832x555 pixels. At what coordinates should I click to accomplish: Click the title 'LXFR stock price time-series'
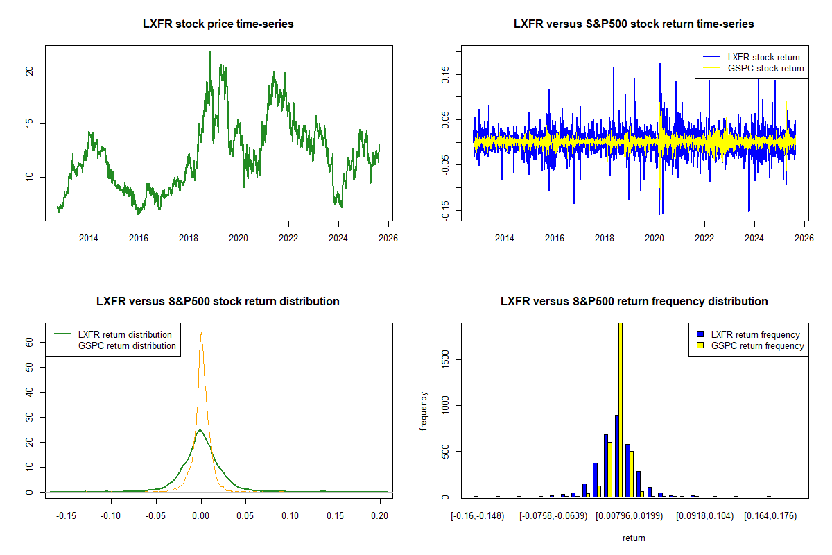click(x=218, y=24)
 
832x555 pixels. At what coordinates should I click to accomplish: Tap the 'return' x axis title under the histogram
click(x=634, y=538)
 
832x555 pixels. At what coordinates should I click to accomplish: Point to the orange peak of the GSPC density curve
click(x=201, y=334)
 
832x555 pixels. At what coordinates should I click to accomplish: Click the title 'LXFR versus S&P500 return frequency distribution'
click(x=634, y=302)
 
